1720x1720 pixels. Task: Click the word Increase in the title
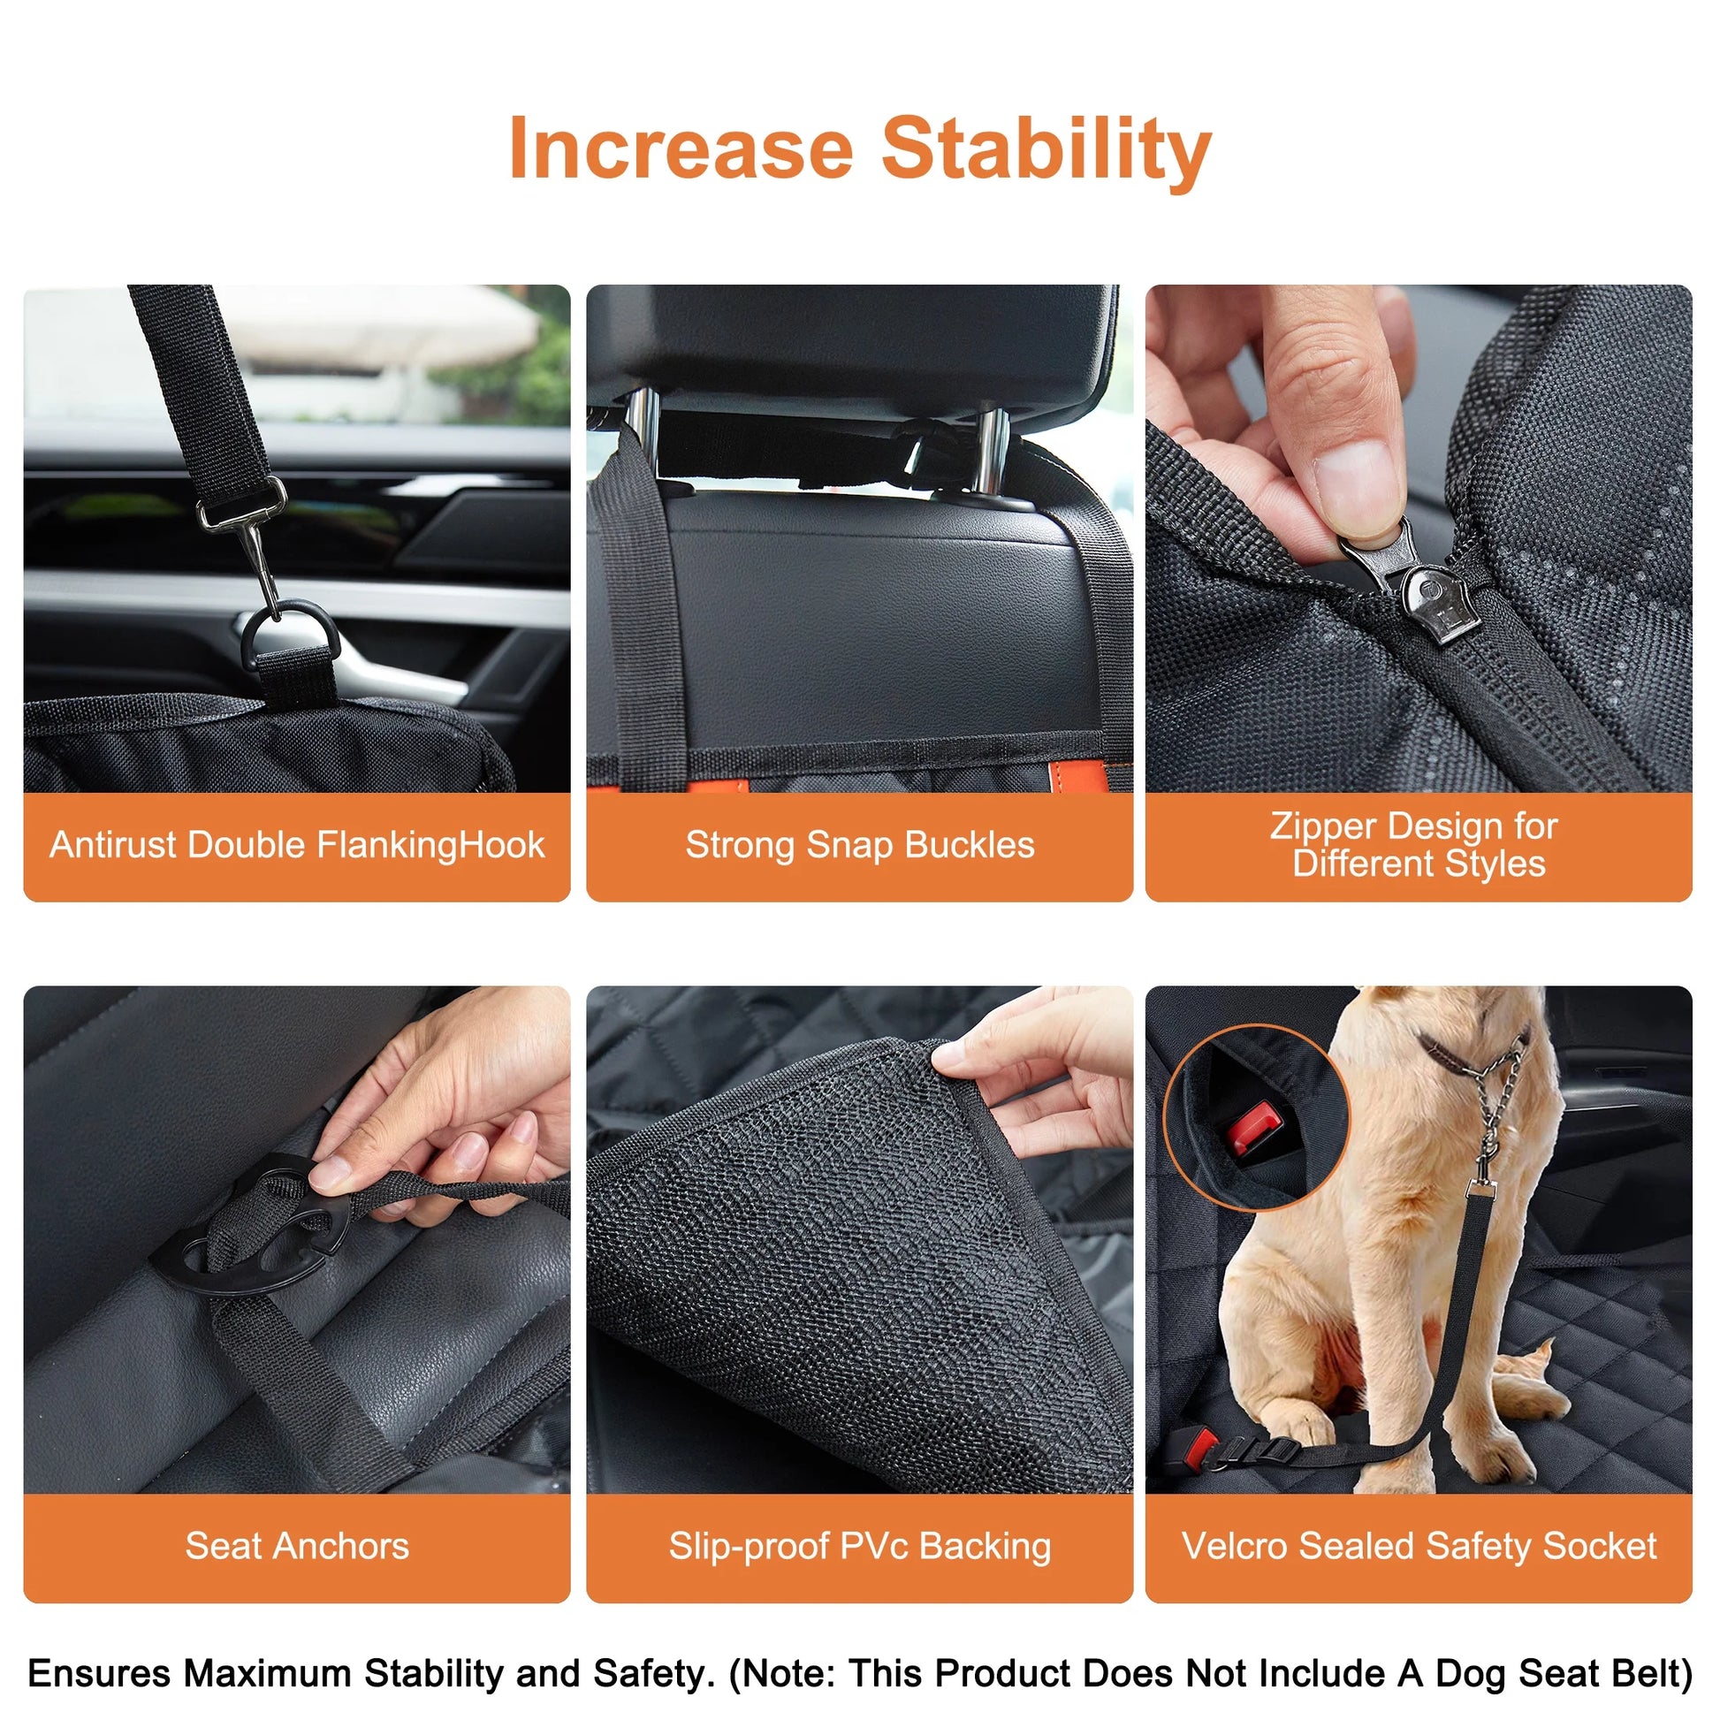681,149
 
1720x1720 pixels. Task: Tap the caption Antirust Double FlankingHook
296,845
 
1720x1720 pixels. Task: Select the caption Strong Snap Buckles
859,845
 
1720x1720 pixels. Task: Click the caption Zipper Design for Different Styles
1418,845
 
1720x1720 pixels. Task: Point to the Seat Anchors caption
296,1547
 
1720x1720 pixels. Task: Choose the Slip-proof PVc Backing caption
859,1547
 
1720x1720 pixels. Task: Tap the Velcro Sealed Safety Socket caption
1418,1547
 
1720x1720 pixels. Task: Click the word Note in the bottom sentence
783,1674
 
